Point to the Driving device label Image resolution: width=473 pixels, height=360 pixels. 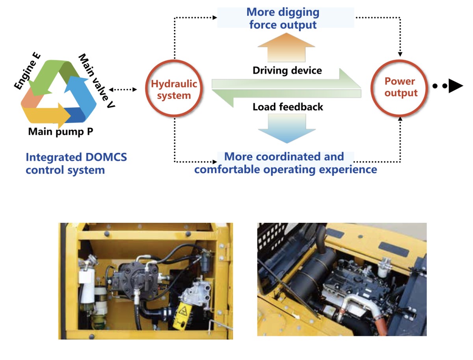click(x=287, y=71)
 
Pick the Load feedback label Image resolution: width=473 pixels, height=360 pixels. click(x=288, y=107)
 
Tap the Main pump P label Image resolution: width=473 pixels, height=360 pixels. click(x=61, y=132)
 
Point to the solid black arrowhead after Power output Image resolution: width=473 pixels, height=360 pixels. click(x=456, y=86)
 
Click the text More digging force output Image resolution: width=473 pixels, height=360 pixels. click(x=283, y=18)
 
